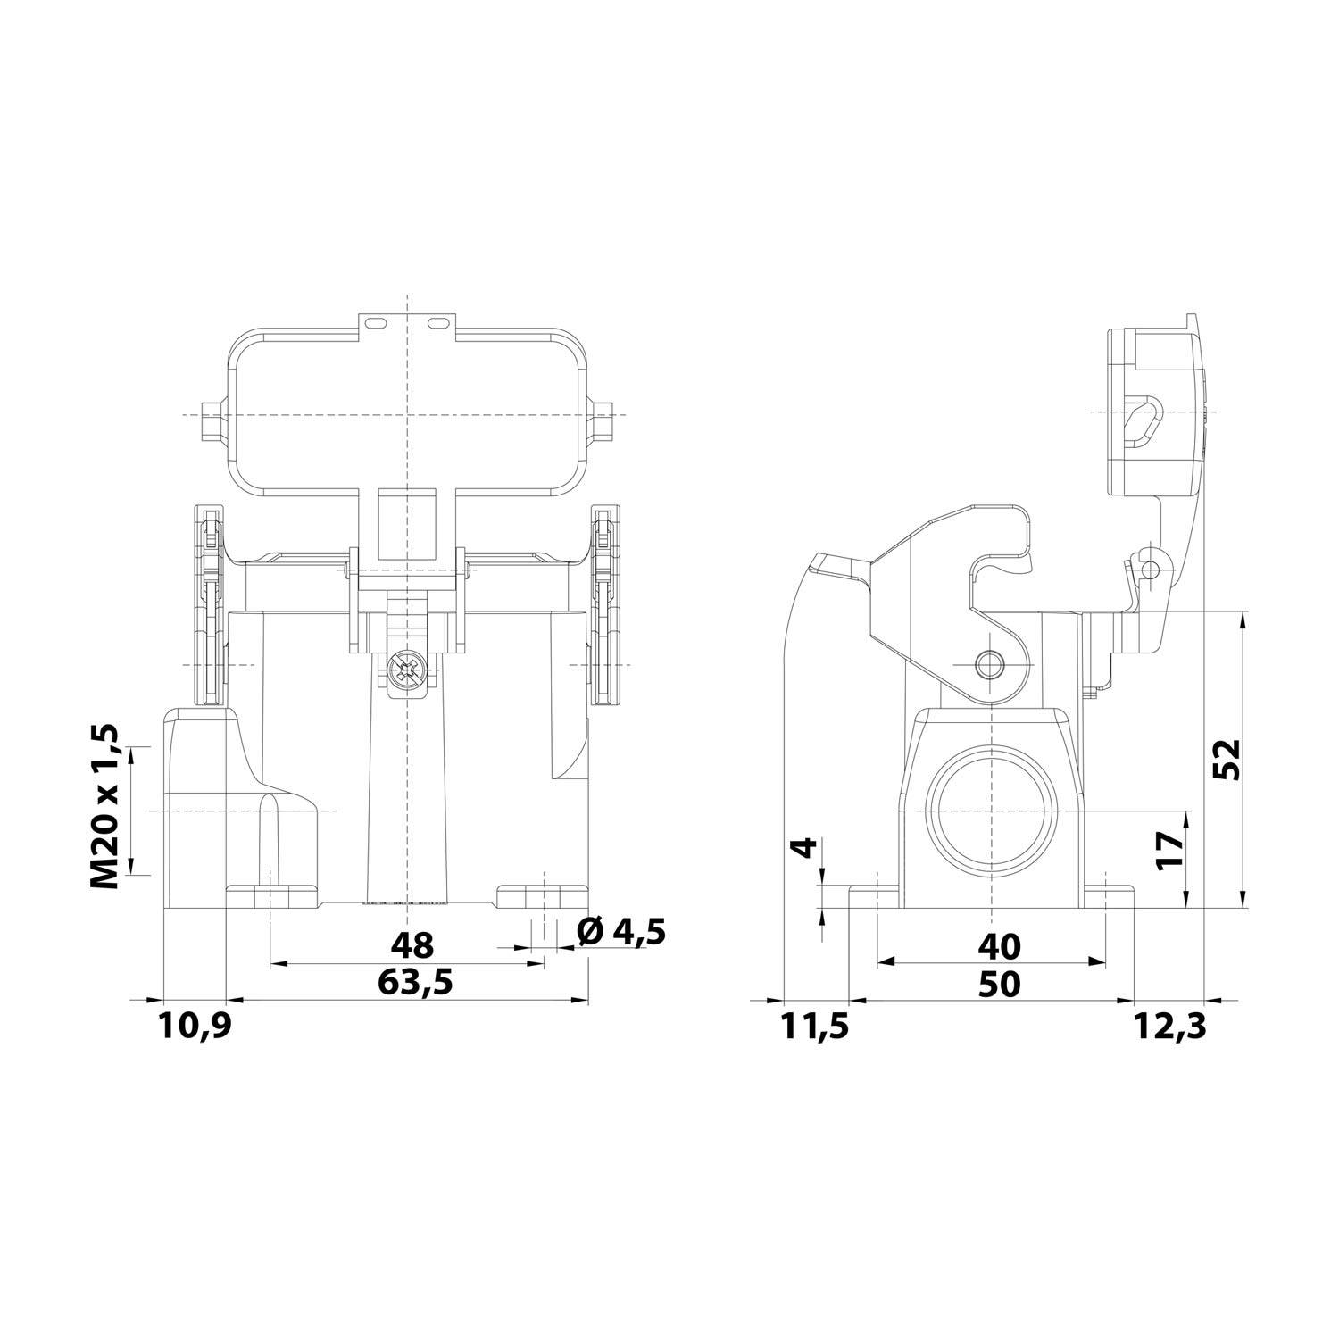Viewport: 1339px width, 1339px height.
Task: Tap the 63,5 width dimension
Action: pyautogui.click(x=415, y=982)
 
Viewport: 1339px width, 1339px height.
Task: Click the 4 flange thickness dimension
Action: pyautogui.click(x=806, y=847)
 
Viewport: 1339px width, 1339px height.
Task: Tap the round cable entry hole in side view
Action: pyautogui.click(x=992, y=811)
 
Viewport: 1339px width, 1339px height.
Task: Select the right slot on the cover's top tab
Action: pyautogui.click(x=437, y=322)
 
